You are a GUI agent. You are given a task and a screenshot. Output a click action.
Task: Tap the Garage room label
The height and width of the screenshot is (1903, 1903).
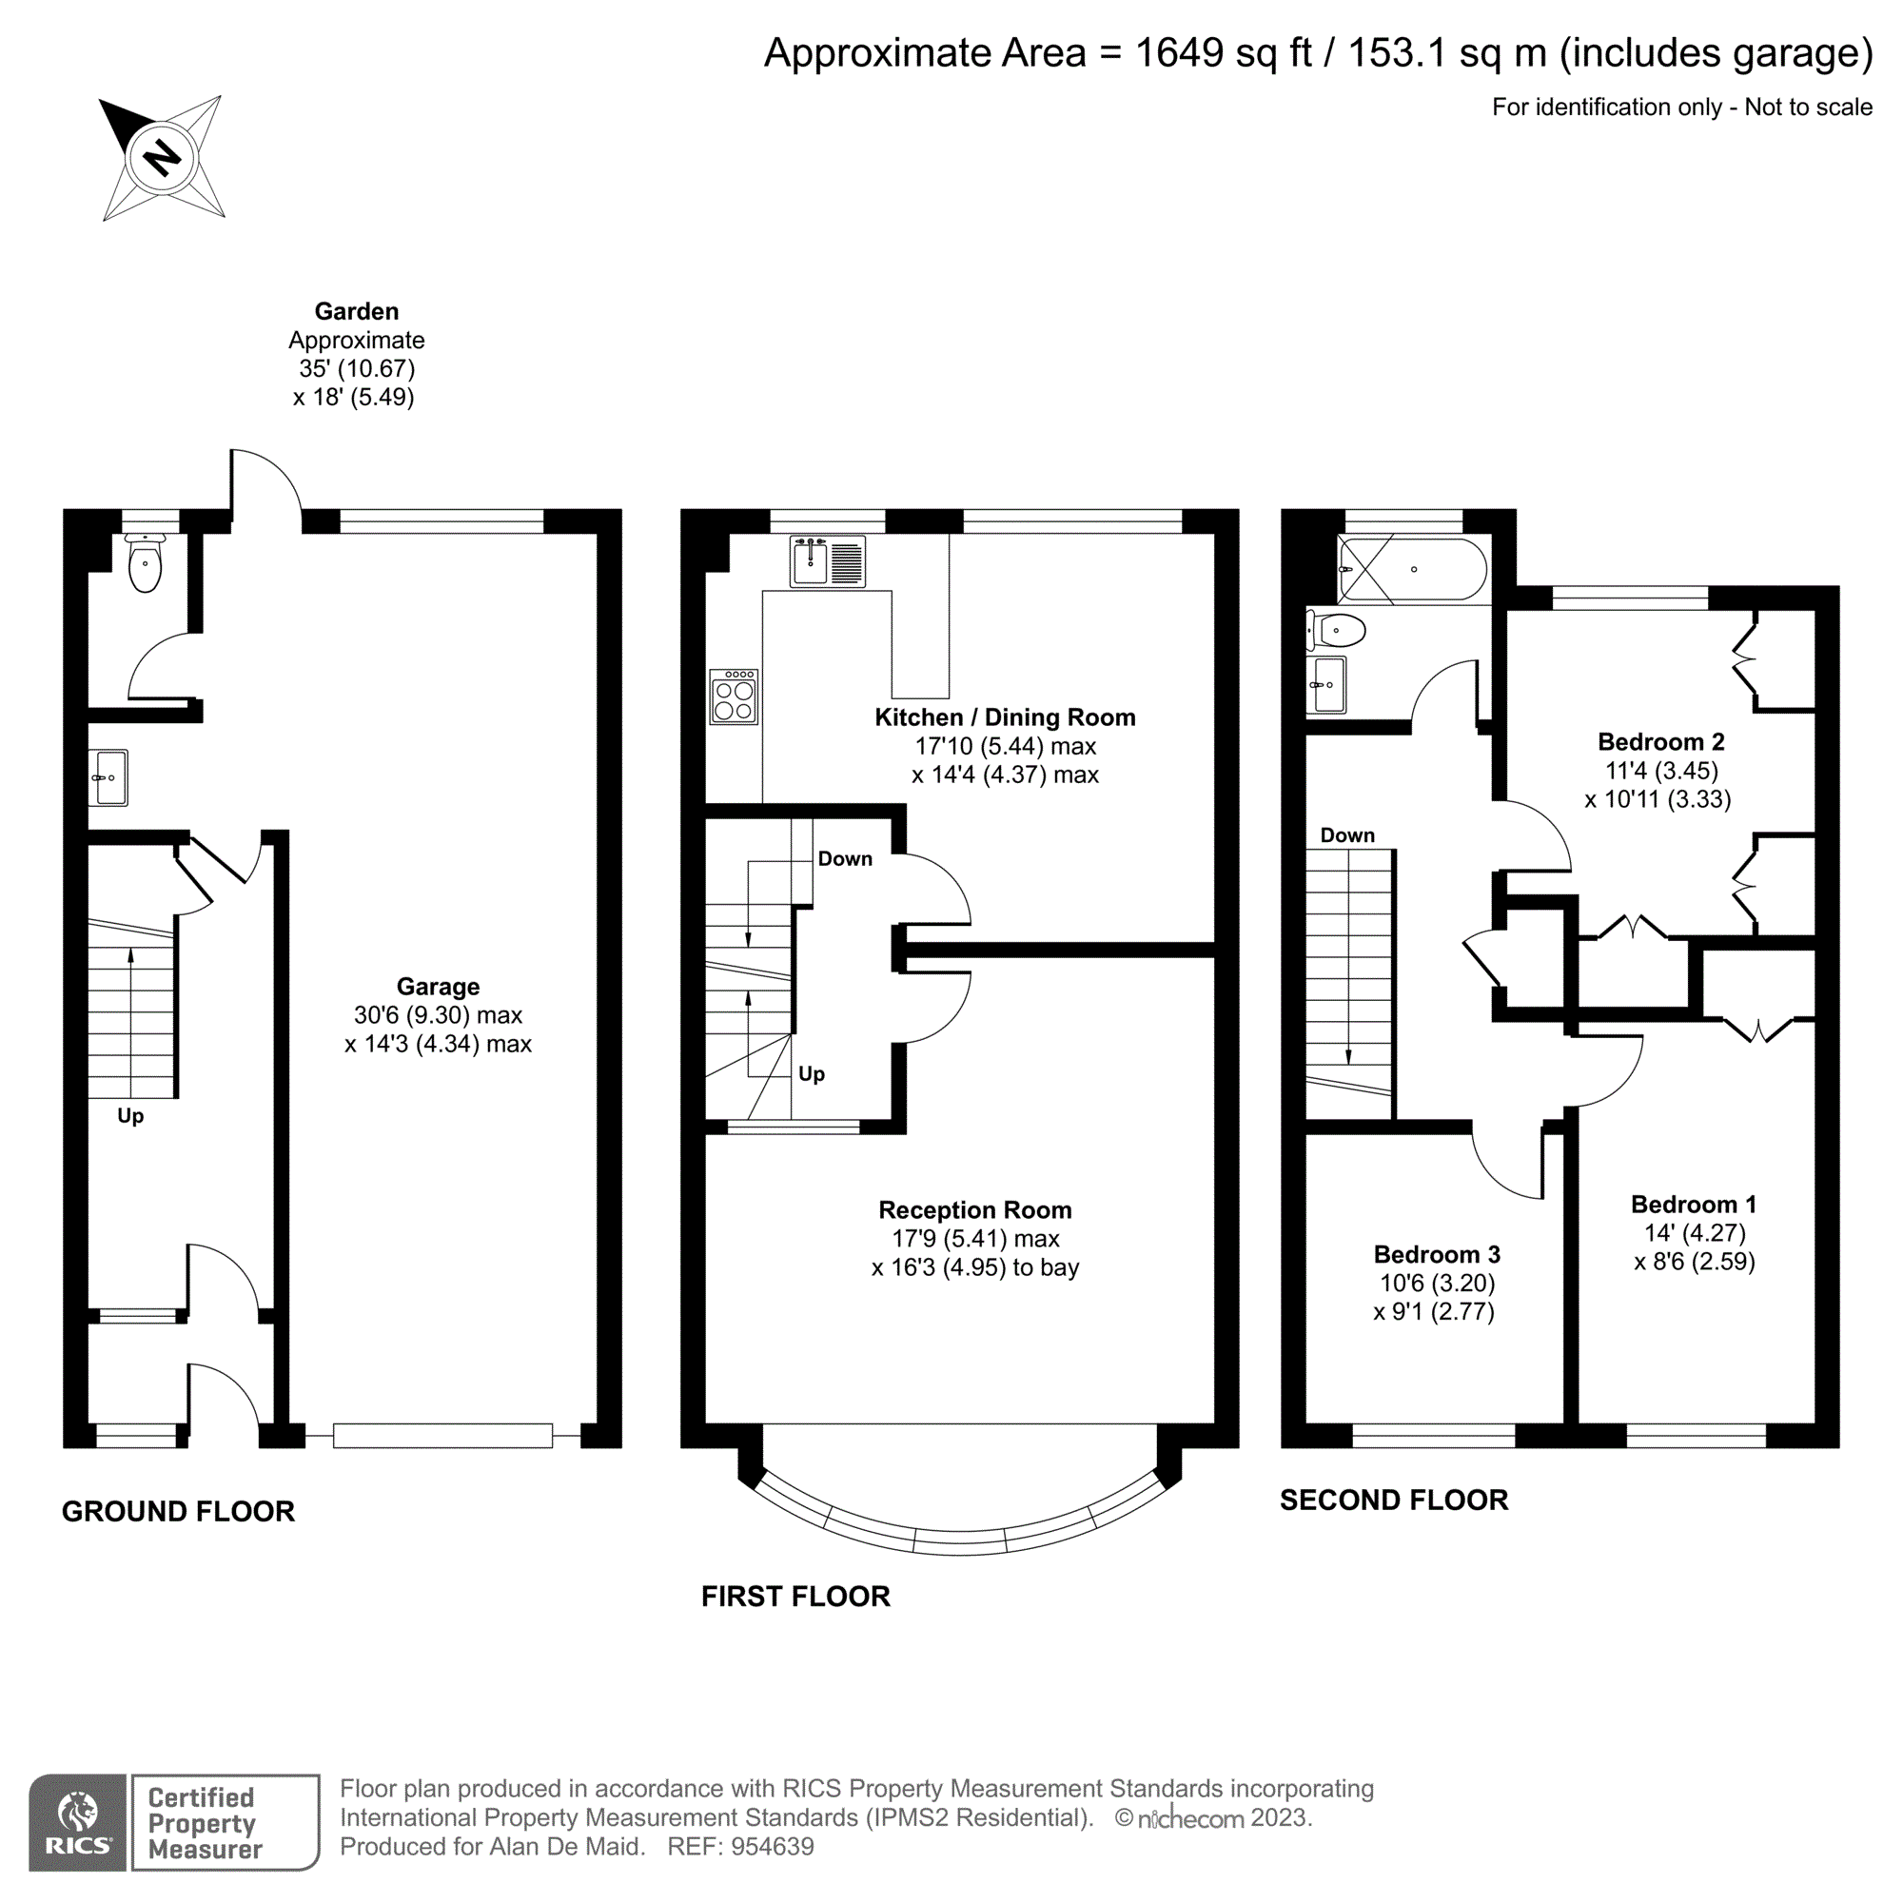click(x=438, y=986)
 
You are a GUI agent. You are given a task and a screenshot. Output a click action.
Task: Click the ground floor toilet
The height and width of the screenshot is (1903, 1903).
click(x=145, y=563)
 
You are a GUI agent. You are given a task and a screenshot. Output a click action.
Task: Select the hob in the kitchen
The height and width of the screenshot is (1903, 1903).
click(x=733, y=697)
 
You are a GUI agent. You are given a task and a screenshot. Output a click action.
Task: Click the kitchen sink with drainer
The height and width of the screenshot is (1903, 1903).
click(x=828, y=561)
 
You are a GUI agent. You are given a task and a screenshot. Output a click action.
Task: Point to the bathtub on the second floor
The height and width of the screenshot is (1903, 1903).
click(x=1412, y=569)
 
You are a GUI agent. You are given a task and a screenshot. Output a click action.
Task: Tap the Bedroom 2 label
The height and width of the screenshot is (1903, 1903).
click(x=1660, y=742)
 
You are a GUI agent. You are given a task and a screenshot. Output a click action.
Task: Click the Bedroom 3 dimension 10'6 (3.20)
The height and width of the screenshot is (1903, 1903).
click(x=1437, y=1283)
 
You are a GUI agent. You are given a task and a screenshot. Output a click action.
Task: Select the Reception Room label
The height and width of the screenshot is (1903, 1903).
click(x=974, y=1209)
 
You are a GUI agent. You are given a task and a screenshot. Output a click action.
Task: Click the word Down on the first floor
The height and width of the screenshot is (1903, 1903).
click(x=844, y=859)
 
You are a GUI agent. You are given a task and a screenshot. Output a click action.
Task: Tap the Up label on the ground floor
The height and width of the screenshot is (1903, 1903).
click(x=130, y=1116)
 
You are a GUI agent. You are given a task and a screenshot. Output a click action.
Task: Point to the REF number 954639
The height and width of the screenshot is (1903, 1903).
click(x=773, y=1847)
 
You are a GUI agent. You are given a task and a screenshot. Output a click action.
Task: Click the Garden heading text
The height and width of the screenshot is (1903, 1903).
click(x=357, y=311)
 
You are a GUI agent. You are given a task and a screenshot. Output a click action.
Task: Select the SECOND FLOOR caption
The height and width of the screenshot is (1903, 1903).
click(x=1393, y=1501)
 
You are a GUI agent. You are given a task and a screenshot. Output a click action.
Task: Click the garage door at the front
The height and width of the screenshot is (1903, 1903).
click(x=442, y=1436)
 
